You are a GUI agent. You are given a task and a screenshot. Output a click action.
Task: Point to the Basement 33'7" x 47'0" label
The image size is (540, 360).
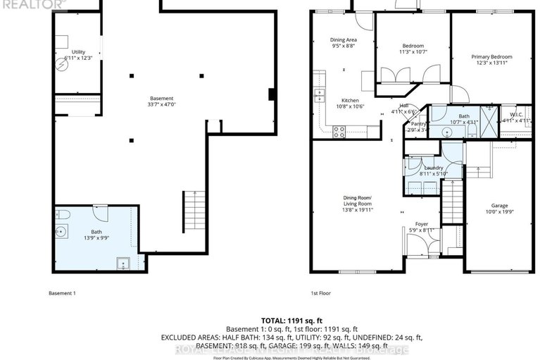pos(161,101)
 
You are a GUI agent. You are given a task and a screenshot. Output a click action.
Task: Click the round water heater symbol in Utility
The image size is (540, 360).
pos(61,60)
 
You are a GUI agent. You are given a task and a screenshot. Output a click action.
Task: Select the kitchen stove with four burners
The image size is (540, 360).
pos(339,129)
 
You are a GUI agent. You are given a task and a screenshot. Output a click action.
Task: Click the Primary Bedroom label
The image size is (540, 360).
pos(492,60)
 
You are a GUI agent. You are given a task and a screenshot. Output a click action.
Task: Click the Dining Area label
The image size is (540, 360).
pos(344,42)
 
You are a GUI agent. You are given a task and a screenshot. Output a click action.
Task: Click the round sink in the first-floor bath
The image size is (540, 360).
pos(448,131)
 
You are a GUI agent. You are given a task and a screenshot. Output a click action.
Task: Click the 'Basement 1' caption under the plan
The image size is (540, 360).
pos(62,292)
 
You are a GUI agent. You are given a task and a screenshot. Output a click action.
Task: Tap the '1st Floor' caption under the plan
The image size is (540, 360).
pos(321,292)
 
